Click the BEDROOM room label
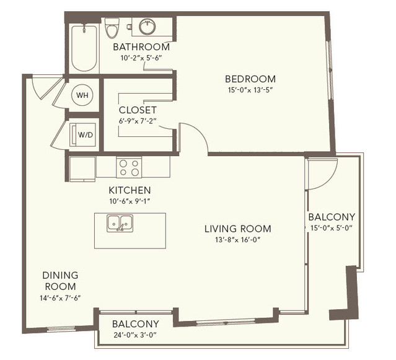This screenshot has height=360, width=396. pyautogui.click(x=250, y=79)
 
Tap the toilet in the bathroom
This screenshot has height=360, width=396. pyautogui.click(x=112, y=28)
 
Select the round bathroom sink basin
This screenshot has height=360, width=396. pyautogui.click(x=147, y=27)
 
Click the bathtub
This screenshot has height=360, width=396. pyautogui.click(x=84, y=48)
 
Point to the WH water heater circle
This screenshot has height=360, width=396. pyautogui.click(x=82, y=95)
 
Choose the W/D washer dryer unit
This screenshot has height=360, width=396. pyautogui.click(x=82, y=134)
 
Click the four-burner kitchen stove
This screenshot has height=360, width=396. pyautogui.click(x=129, y=167)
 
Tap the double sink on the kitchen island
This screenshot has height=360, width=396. pyautogui.click(x=120, y=223)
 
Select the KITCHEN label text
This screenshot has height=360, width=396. pyautogui.click(x=130, y=190)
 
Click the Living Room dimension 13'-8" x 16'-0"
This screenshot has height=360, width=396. pyautogui.click(x=237, y=240)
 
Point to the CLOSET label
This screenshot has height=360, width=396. pyautogui.click(x=138, y=110)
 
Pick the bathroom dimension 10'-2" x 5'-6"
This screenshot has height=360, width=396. pyautogui.click(x=141, y=58)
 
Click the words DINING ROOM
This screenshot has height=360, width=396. pyautogui.click(x=60, y=281)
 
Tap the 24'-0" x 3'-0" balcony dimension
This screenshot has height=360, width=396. pyautogui.click(x=135, y=335)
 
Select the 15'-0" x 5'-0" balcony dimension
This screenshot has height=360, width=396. pyautogui.click(x=331, y=228)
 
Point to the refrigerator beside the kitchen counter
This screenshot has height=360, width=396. pyautogui.click(x=82, y=169)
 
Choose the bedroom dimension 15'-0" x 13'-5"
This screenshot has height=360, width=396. pyautogui.click(x=251, y=90)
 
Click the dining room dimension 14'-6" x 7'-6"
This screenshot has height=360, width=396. pyautogui.click(x=60, y=298)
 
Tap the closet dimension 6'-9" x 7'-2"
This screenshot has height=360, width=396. pyautogui.click(x=138, y=121)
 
